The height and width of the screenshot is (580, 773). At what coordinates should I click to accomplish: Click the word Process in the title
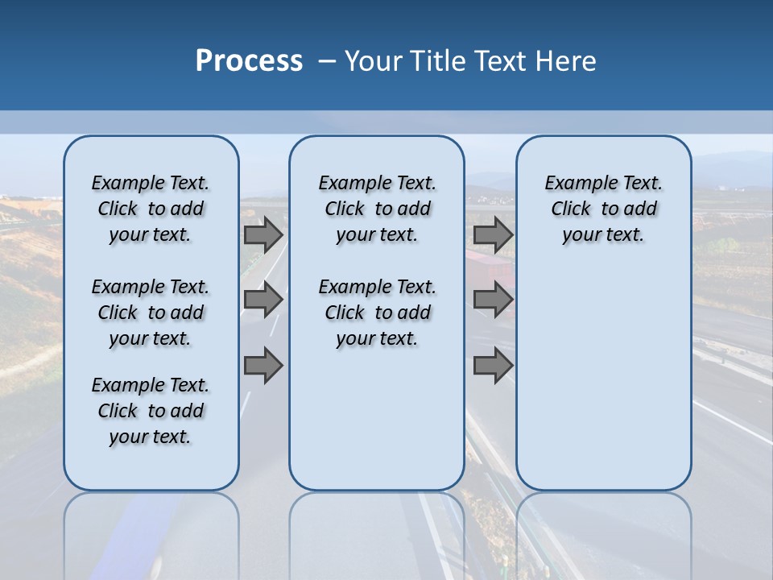[249, 61]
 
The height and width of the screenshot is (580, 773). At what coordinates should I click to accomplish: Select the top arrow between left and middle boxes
[263, 234]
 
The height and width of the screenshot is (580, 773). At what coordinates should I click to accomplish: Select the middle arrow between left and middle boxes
[263, 300]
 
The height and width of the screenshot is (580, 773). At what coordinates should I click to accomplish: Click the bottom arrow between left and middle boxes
[263, 366]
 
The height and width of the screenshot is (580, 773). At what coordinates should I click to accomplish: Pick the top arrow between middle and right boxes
[493, 234]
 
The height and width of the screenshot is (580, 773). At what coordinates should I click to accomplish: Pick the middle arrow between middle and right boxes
[493, 300]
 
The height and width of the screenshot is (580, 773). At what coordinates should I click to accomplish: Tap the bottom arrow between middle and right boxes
[493, 366]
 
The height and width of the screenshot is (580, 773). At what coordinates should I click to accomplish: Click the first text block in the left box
[151, 209]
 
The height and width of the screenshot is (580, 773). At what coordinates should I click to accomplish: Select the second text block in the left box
[151, 313]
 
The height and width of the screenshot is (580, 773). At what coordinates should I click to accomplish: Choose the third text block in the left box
[151, 411]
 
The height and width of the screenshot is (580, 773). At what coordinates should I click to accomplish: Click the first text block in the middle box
[378, 209]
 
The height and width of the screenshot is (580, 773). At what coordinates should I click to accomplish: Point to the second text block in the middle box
[378, 313]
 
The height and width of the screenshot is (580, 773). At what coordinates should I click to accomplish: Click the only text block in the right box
[604, 209]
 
